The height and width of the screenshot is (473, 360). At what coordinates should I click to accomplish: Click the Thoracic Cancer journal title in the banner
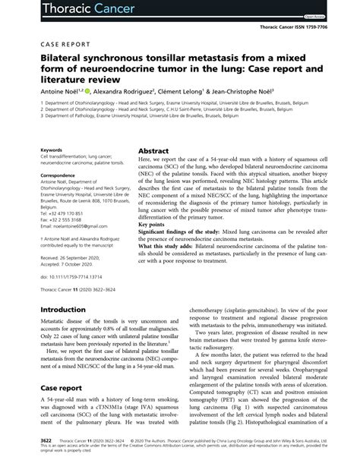[57, 11]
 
